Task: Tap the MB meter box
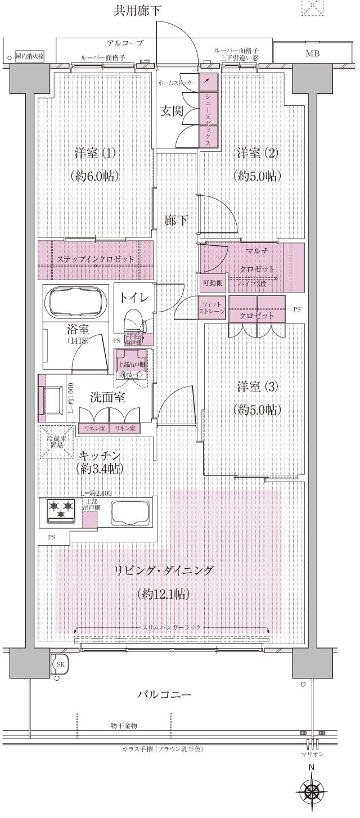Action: pyautogui.click(x=311, y=54)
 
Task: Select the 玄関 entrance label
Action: pyautogui.click(x=172, y=111)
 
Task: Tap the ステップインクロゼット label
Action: pyautogui.click(x=95, y=259)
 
